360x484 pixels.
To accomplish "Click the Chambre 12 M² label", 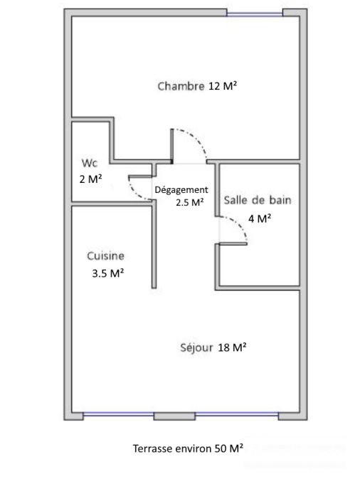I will click(x=197, y=86).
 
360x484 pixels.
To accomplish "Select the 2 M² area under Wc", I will click(x=90, y=179).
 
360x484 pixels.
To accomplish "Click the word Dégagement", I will click(x=181, y=189).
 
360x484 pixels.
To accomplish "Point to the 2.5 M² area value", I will click(x=190, y=202).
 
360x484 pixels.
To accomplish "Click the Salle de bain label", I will click(x=258, y=200).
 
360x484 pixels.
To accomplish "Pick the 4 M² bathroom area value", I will click(x=259, y=219).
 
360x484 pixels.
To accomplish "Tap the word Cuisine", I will click(x=106, y=256).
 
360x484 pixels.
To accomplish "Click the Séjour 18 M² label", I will click(x=213, y=347).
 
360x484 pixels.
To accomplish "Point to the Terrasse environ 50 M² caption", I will click(x=188, y=448).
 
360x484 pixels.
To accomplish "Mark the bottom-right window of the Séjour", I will click(x=237, y=414).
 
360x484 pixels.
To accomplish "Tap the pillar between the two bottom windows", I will click(x=174, y=414).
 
